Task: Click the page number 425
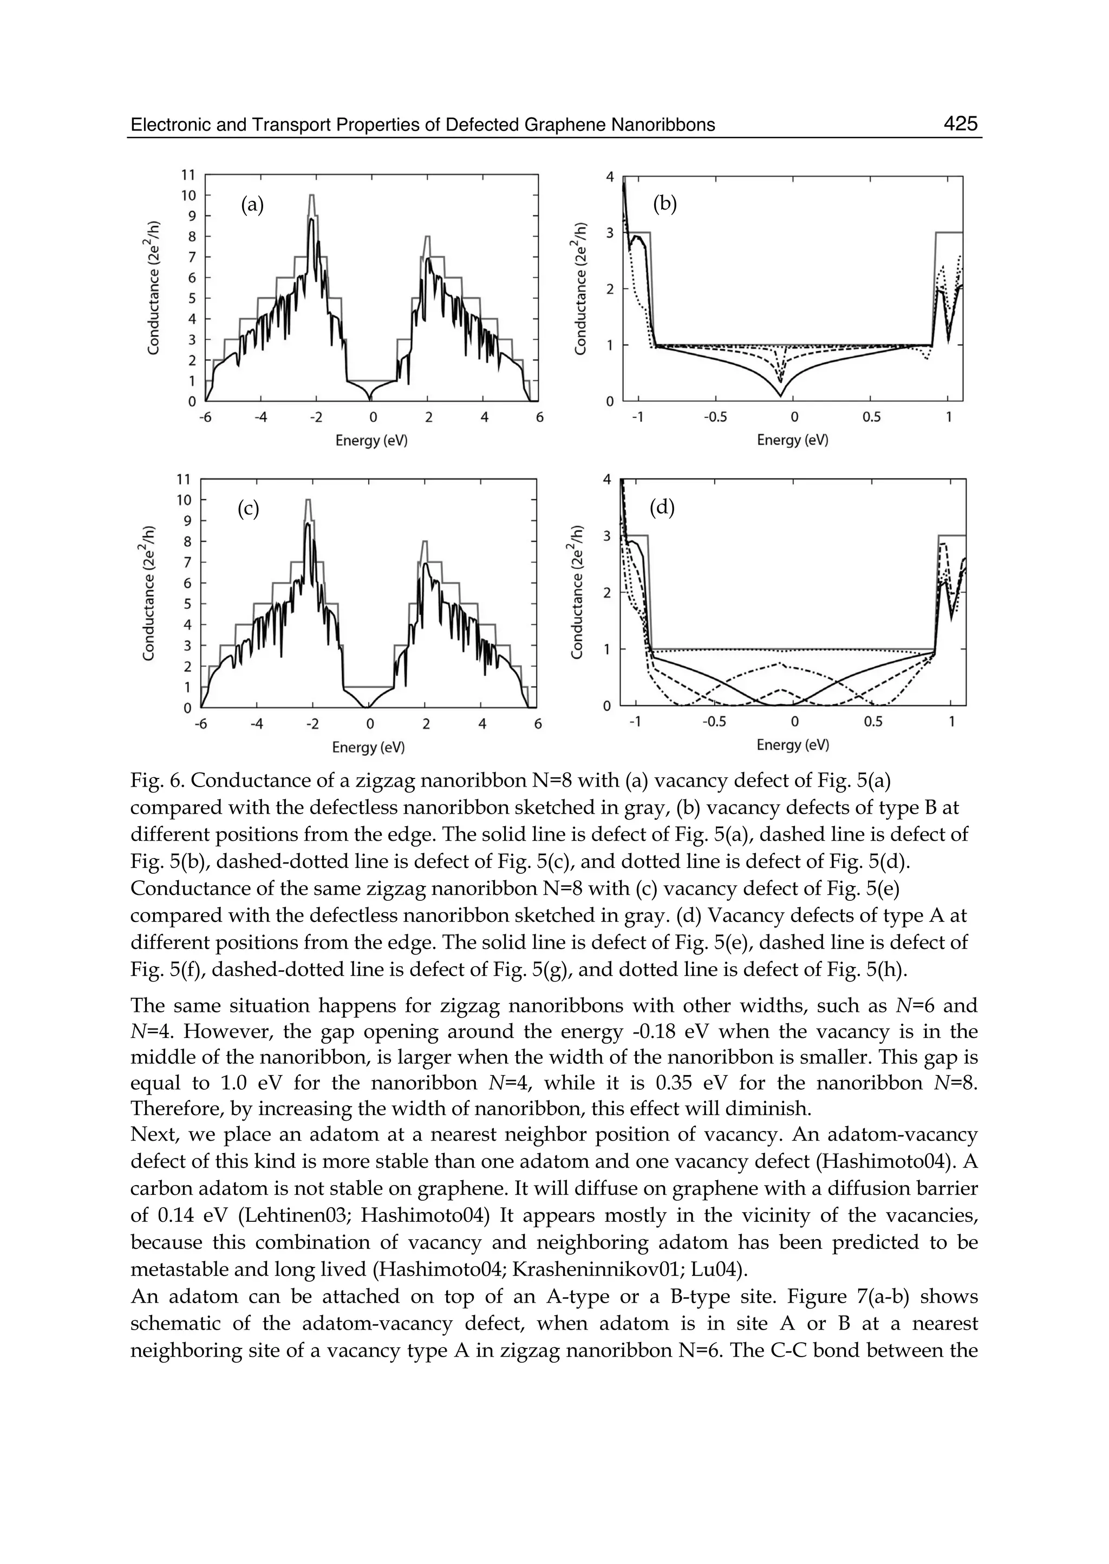[x=960, y=123]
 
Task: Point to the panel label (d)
[x=662, y=507]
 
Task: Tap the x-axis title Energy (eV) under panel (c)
[x=368, y=748]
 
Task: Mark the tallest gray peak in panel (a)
[x=311, y=196]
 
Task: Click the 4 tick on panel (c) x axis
[x=481, y=724]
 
